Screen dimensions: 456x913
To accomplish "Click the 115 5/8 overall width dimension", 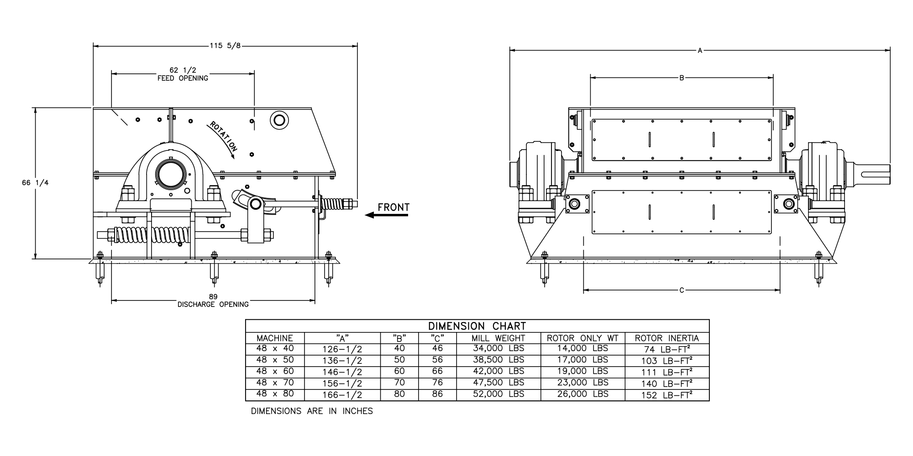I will [225, 46].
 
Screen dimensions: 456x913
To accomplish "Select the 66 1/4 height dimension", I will [35, 183].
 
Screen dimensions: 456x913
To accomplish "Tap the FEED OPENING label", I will [183, 78].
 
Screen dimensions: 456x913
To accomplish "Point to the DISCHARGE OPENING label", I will [213, 305].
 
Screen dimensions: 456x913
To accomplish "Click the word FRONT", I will [394, 207].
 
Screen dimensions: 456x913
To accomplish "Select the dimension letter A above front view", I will [700, 51].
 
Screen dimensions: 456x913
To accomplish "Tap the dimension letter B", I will [682, 78].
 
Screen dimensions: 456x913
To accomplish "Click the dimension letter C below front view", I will [682, 290].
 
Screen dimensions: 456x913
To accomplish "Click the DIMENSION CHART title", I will [477, 326].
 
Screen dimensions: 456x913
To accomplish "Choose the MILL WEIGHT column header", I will [498, 338].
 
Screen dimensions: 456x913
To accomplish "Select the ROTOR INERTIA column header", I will [667, 338].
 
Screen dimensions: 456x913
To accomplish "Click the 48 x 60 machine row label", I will [275, 372].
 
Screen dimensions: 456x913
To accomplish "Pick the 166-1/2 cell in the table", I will [342, 395].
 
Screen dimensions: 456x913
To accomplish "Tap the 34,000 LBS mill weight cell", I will [498, 349].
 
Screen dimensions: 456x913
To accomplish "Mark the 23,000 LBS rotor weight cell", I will [582, 383].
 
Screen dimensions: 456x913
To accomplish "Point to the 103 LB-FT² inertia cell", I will [667, 361].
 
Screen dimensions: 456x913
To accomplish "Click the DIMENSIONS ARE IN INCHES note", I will [312, 411].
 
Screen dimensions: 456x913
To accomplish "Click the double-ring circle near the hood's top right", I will [279, 120].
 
